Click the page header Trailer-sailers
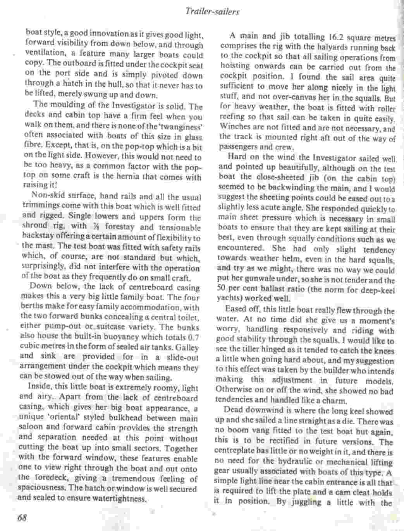coord(212,12)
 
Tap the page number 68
coord(21,518)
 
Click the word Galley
coord(187,348)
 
